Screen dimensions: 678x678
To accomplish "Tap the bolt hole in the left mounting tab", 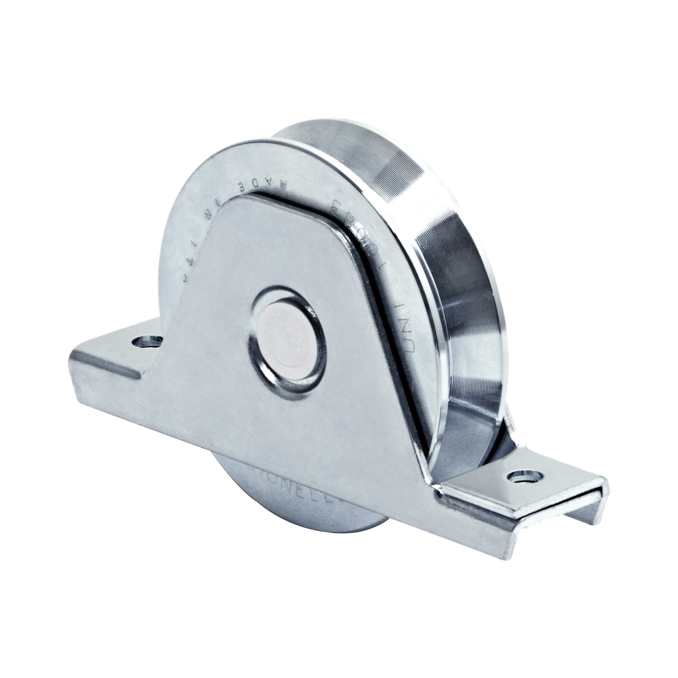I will tap(147, 342).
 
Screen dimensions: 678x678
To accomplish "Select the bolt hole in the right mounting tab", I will tap(527, 476).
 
